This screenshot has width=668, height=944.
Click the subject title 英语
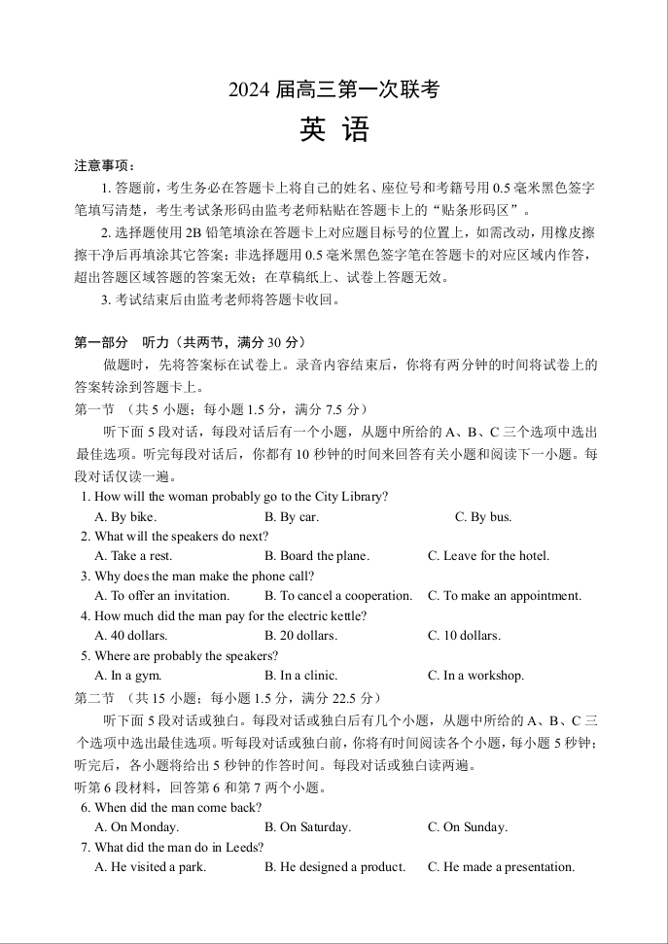pyautogui.click(x=334, y=129)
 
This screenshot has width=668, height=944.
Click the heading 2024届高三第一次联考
pyautogui.click(x=334, y=89)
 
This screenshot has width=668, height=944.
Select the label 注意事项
pyautogui.click(x=105, y=165)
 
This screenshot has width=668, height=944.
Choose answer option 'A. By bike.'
pyautogui.click(x=125, y=517)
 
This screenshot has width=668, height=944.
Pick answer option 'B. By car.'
pyautogui.click(x=292, y=517)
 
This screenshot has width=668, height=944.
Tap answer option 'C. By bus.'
pyautogui.click(x=483, y=517)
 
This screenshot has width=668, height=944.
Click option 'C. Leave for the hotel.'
pyautogui.click(x=488, y=556)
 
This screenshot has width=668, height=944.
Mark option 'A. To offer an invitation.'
pyautogui.click(x=162, y=596)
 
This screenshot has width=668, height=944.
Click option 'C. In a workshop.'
pyautogui.click(x=475, y=676)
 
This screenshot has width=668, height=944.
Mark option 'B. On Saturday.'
pyautogui.click(x=308, y=827)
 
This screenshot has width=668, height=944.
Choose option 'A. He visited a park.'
pyautogui.click(x=151, y=867)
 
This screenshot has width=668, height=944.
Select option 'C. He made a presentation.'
pyautogui.click(x=501, y=867)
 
